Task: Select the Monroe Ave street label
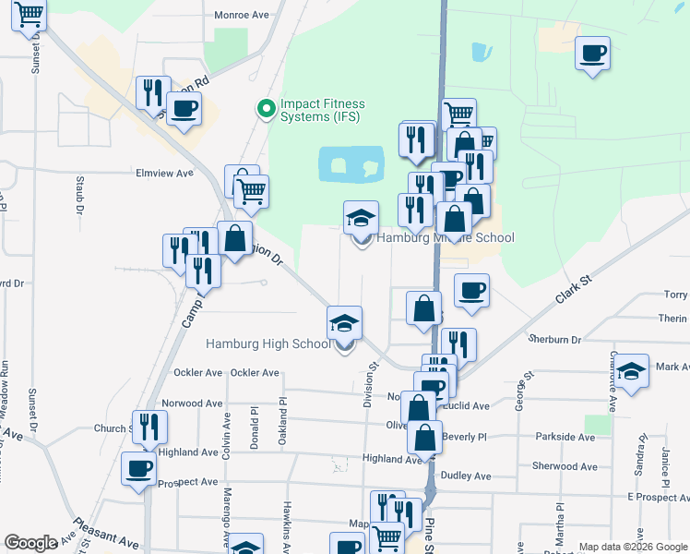241,15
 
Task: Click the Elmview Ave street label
164,173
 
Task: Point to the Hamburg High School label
268,344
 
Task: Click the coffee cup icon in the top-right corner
592,53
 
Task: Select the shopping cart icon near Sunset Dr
30,14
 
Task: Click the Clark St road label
572,288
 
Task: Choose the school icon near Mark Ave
631,371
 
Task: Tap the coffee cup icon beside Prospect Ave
140,468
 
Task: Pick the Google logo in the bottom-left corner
30,544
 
